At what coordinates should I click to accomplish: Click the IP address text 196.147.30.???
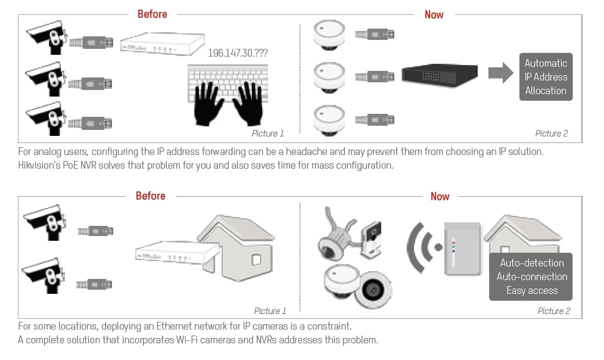(x=238, y=53)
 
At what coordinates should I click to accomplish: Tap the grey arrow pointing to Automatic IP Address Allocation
(x=500, y=73)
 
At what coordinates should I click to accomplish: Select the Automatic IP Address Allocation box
(x=546, y=77)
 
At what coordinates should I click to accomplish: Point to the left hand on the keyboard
(x=210, y=103)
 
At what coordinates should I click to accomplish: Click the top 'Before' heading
(x=152, y=14)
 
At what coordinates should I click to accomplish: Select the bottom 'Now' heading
(x=440, y=196)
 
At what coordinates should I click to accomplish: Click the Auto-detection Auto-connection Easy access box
(x=532, y=277)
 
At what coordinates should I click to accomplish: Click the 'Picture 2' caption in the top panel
(x=551, y=134)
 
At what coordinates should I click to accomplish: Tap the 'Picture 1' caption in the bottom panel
(x=270, y=311)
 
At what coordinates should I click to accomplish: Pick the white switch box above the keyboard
(x=158, y=46)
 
